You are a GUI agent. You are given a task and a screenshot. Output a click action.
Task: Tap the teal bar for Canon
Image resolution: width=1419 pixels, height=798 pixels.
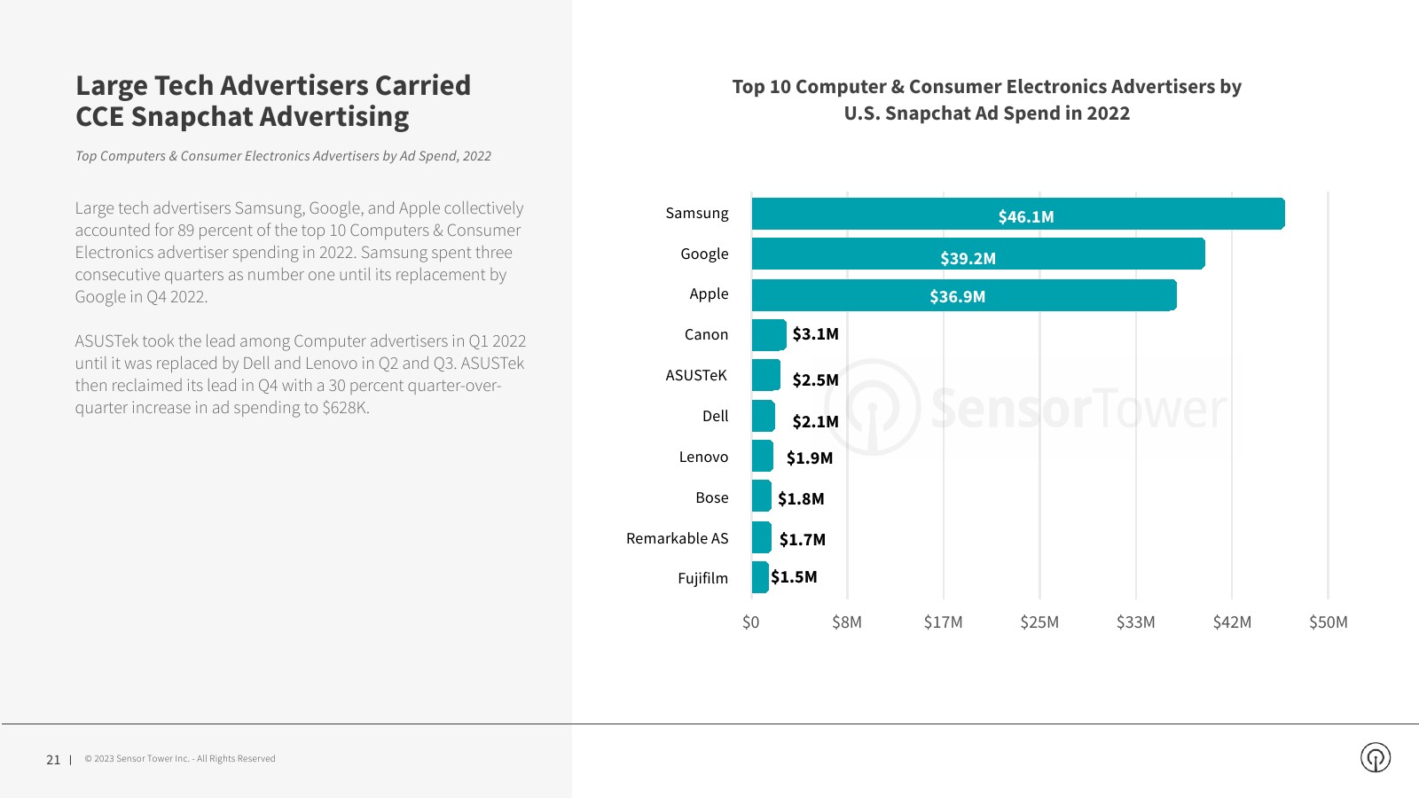[x=768, y=335]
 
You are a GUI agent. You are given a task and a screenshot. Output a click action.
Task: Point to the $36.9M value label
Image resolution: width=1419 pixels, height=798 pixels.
[x=957, y=297]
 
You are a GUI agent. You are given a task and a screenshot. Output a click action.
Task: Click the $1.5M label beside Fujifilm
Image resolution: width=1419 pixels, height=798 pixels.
[x=794, y=577]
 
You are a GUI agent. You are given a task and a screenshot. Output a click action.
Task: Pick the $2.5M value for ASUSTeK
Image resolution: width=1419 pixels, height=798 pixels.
[x=815, y=380]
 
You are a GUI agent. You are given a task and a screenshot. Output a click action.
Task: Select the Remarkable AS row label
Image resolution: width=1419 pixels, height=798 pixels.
[x=677, y=538]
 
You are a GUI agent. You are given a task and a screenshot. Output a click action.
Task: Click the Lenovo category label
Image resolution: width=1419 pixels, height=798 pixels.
[x=703, y=457]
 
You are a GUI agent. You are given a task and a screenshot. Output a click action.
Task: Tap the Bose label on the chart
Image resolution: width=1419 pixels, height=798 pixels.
[x=711, y=497]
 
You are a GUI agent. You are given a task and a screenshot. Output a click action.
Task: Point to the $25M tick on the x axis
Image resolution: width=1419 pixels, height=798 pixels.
[x=1039, y=622]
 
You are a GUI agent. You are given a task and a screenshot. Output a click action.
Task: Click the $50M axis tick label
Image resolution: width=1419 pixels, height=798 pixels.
[x=1328, y=622]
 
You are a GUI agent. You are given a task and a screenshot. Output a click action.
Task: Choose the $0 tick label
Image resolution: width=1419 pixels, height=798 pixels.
[x=750, y=622]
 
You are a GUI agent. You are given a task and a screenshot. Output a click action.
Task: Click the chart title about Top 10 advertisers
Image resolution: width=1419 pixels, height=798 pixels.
[x=986, y=99]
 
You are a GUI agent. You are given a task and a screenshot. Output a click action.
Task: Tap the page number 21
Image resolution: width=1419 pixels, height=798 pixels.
[x=53, y=760]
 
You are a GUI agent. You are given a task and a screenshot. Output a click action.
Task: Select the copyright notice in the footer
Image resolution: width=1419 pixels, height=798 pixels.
[x=180, y=759]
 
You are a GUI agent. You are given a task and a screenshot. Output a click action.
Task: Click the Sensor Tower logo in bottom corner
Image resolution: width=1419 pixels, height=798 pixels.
[x=1375, y=757]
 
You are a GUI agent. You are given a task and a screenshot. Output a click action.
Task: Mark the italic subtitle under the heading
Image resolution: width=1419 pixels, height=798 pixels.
[x=283, y=156]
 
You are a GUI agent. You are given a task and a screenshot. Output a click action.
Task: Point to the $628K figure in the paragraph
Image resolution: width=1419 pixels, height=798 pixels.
[x=345, y=408]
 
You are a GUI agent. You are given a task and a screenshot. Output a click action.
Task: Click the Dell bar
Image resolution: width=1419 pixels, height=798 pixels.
[x=763, y=416]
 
